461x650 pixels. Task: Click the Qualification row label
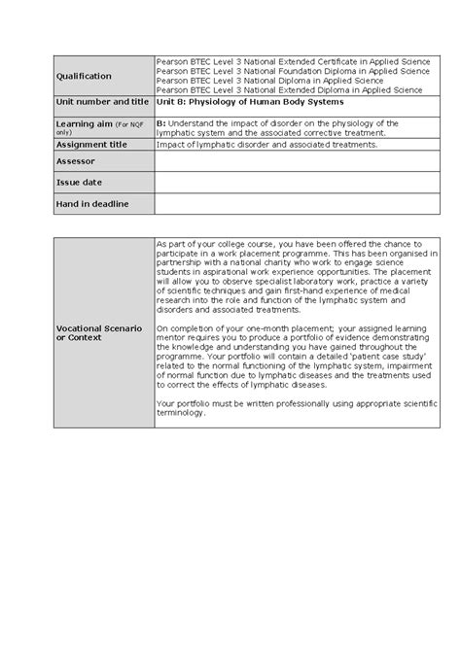click(84, 76)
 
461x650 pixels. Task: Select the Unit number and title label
click(102, 101)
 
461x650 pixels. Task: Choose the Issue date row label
click(80, 182)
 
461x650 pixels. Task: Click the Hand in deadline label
click(92, 202)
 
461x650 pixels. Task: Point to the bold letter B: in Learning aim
click(161, 123)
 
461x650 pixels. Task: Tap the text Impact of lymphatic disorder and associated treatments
click(259, 145)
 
